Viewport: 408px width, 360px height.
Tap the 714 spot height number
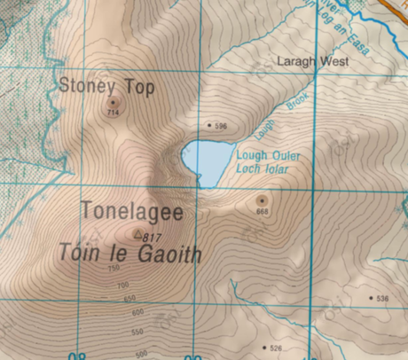click(113, 113)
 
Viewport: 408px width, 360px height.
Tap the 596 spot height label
click(221, 127)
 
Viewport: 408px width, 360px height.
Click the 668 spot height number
click(262, 212)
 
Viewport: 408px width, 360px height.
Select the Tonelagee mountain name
click(131, 212)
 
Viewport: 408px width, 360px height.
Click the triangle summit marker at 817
click(137, 235)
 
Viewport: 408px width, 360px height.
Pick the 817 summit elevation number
click(152, 238)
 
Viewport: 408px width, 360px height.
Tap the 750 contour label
click(114, 268)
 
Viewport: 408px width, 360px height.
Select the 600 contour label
click(137, 312)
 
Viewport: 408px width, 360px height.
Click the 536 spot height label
click(382, 299)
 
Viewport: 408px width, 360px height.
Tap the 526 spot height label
click(275, 348)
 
